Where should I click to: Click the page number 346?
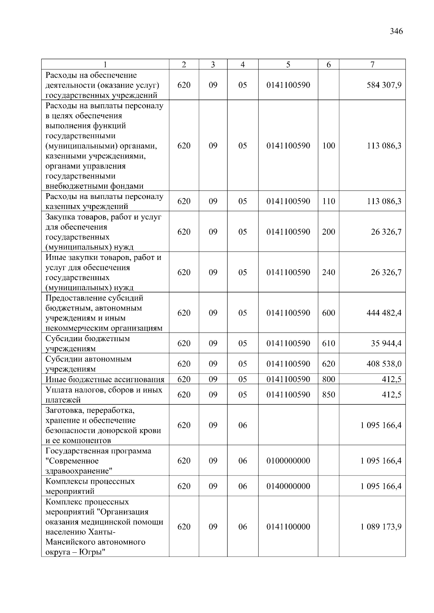click(x=396, y=31)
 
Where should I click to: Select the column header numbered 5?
click(x=288, y=65)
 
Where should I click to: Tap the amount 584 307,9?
click(x=384, y=85)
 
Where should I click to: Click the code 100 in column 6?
click(x=328, y=146)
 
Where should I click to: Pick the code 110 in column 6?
click(x=328, y=201)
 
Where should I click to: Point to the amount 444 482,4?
click(x=384, y=313)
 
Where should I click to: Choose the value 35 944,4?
click(x=386, y=343)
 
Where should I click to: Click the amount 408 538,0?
click(x=384, y=364)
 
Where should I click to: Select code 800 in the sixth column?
click(x=328, y=379)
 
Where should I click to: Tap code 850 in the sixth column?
click(x=328, y=395)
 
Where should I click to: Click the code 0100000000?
click(x=288, y=461)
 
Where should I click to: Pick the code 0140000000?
click(x=288, y=486)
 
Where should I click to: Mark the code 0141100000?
click(x=288, y=527)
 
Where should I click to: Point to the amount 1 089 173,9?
click(x=380, y=527)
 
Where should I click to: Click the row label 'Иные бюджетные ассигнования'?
click(x=105, y=379)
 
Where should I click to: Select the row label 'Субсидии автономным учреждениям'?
click(x=88, y=364)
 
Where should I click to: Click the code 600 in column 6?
click(x=328, y=313)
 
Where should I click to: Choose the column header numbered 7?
click(x=372, y=65)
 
